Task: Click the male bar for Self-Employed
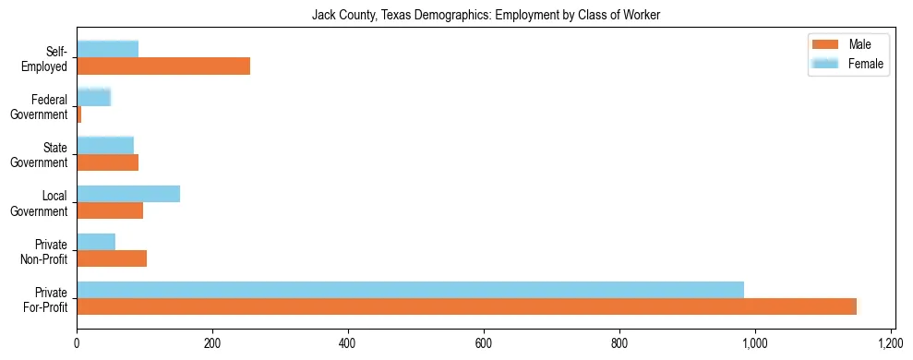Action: click(163, 66)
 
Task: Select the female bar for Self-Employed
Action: click(107, 49)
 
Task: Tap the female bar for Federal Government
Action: click(93, 97)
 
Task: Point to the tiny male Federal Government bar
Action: click(79, 114)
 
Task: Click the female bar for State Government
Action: click(105, 145)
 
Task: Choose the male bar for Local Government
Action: click(110, 210)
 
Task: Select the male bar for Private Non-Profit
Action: click(112, 258)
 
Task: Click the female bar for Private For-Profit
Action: click(410, 289)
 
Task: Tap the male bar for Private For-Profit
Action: click(466, 306)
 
